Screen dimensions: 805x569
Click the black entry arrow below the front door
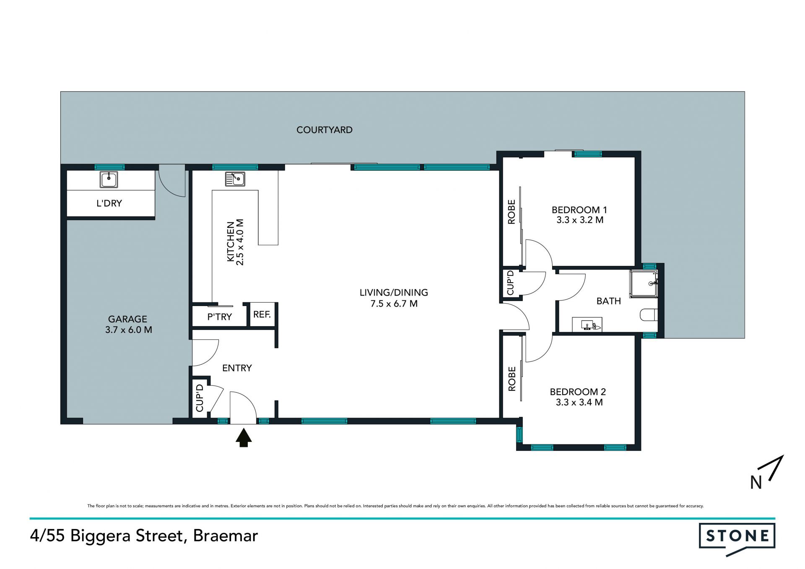click(x=243, y=437)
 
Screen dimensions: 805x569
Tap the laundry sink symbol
click(x=109, y=179)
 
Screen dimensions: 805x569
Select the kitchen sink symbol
click(x=235, y=179)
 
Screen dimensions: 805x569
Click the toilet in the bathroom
click(x=649, y=314)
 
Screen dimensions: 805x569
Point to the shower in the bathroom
click(x=644, y=284)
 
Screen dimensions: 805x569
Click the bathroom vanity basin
click(x=587, y=325)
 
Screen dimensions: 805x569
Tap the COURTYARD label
click(x=325, y=130)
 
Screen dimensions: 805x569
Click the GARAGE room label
click(x=127, y=319)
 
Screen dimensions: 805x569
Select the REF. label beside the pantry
click(x=262, y=314)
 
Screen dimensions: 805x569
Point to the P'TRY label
click(x=219, y=317)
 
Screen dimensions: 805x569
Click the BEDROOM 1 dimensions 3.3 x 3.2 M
click(x=579, y=220)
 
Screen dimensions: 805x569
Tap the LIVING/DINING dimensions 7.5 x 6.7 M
click(x=394, y=304)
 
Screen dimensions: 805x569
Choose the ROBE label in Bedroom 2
click(x=512, y=379)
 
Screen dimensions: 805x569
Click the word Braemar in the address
click(x=226, y=536)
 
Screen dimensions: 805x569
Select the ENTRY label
click(x=237, y=368)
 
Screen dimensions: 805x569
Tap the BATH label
click(x=608, y=301)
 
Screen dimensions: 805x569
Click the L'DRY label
click(x=109, y=203)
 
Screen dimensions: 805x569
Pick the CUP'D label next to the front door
click(x=200, y=398)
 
